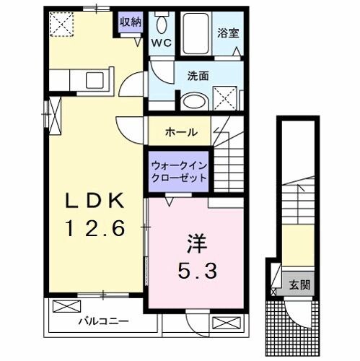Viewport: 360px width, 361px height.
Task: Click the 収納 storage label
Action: point(130,22)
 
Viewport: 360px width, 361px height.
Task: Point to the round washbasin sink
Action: point(190,100)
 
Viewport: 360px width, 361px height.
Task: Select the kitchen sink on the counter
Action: point(96,79)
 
